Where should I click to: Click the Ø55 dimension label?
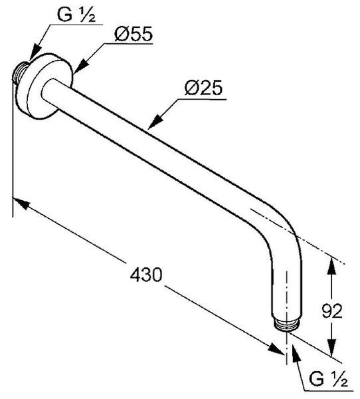(x=134, y=34)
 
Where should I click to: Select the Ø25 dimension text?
(x=204, y=88)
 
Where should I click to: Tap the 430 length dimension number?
(x=146, y=275)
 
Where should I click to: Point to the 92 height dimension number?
(x=332, y=311)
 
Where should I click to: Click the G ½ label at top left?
(x=76, y=15)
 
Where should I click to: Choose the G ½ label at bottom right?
(x=329, y=378)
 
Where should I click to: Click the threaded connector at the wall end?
(x=19, y=72)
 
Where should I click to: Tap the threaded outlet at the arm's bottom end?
(x=286, y=325)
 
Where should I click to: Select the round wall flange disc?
(x=48, y=86)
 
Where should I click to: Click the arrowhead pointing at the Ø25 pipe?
(x=155, y=122)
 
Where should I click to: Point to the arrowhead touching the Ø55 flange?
(x=80, y=66)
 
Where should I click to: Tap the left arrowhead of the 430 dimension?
(x=22, y=204)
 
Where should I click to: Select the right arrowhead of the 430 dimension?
(x=276, y=348)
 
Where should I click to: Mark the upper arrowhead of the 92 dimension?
(x=331, y=266)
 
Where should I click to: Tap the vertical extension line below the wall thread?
(x=13, y=150)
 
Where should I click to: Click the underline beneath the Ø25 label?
(x=202, y=99)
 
